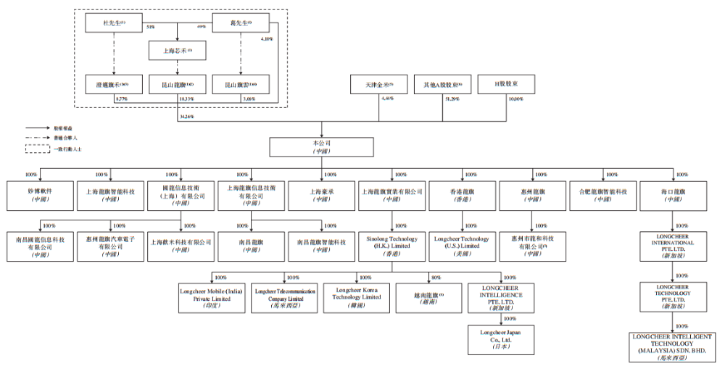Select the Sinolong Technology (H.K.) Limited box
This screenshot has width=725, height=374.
click(x=392, y=241)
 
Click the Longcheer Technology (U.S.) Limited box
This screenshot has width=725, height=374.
click(x=463, y=241)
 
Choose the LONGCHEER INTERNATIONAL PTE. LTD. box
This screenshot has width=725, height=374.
click(x=674, y=246)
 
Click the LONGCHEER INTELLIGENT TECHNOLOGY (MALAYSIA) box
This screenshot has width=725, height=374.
click(x=674, y=346)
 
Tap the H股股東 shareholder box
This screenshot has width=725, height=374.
click(x=505, y=84)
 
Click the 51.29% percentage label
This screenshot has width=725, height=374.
click(x=452, y=98)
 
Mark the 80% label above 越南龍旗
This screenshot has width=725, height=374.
click(x=435, y=278)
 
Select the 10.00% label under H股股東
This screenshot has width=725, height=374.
click(x=514, y=98)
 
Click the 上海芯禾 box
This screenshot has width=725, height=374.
click(x=178, y=50)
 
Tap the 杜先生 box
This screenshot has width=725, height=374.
click(x=113, y=22)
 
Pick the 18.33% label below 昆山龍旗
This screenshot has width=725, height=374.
click(x=188, y=98)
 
